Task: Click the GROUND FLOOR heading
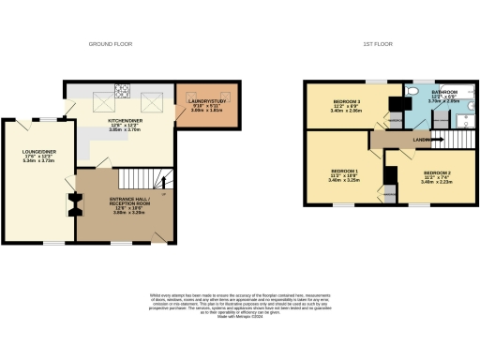point(111,44)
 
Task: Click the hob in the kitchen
point(121,91)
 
